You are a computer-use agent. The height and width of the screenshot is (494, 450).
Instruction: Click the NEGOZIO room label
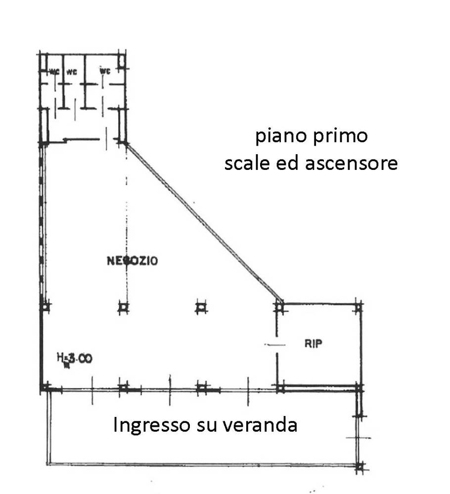pos(133,260)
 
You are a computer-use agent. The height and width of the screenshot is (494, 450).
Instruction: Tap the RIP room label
pos(314,344)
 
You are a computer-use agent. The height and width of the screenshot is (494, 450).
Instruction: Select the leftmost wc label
pos(54,71)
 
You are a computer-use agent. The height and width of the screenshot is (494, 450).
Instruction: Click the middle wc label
pos(71,71)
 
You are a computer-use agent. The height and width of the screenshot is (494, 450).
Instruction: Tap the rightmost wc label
pos(104,71)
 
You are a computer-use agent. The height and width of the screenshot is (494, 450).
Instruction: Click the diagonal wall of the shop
pos(203,222)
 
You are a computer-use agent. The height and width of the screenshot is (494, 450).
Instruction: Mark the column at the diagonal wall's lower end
pos(279,307)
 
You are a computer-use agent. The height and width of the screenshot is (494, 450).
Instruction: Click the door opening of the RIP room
pos(276,345)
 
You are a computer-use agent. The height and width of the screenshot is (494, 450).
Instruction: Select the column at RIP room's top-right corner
pos(359,307)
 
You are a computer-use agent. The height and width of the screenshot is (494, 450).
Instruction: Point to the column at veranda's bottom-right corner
pos(360,465)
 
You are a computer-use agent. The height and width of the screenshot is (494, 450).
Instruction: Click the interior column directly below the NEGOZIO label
pos(124,308)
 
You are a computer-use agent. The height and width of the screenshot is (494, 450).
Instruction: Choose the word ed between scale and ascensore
pos(287,163)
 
